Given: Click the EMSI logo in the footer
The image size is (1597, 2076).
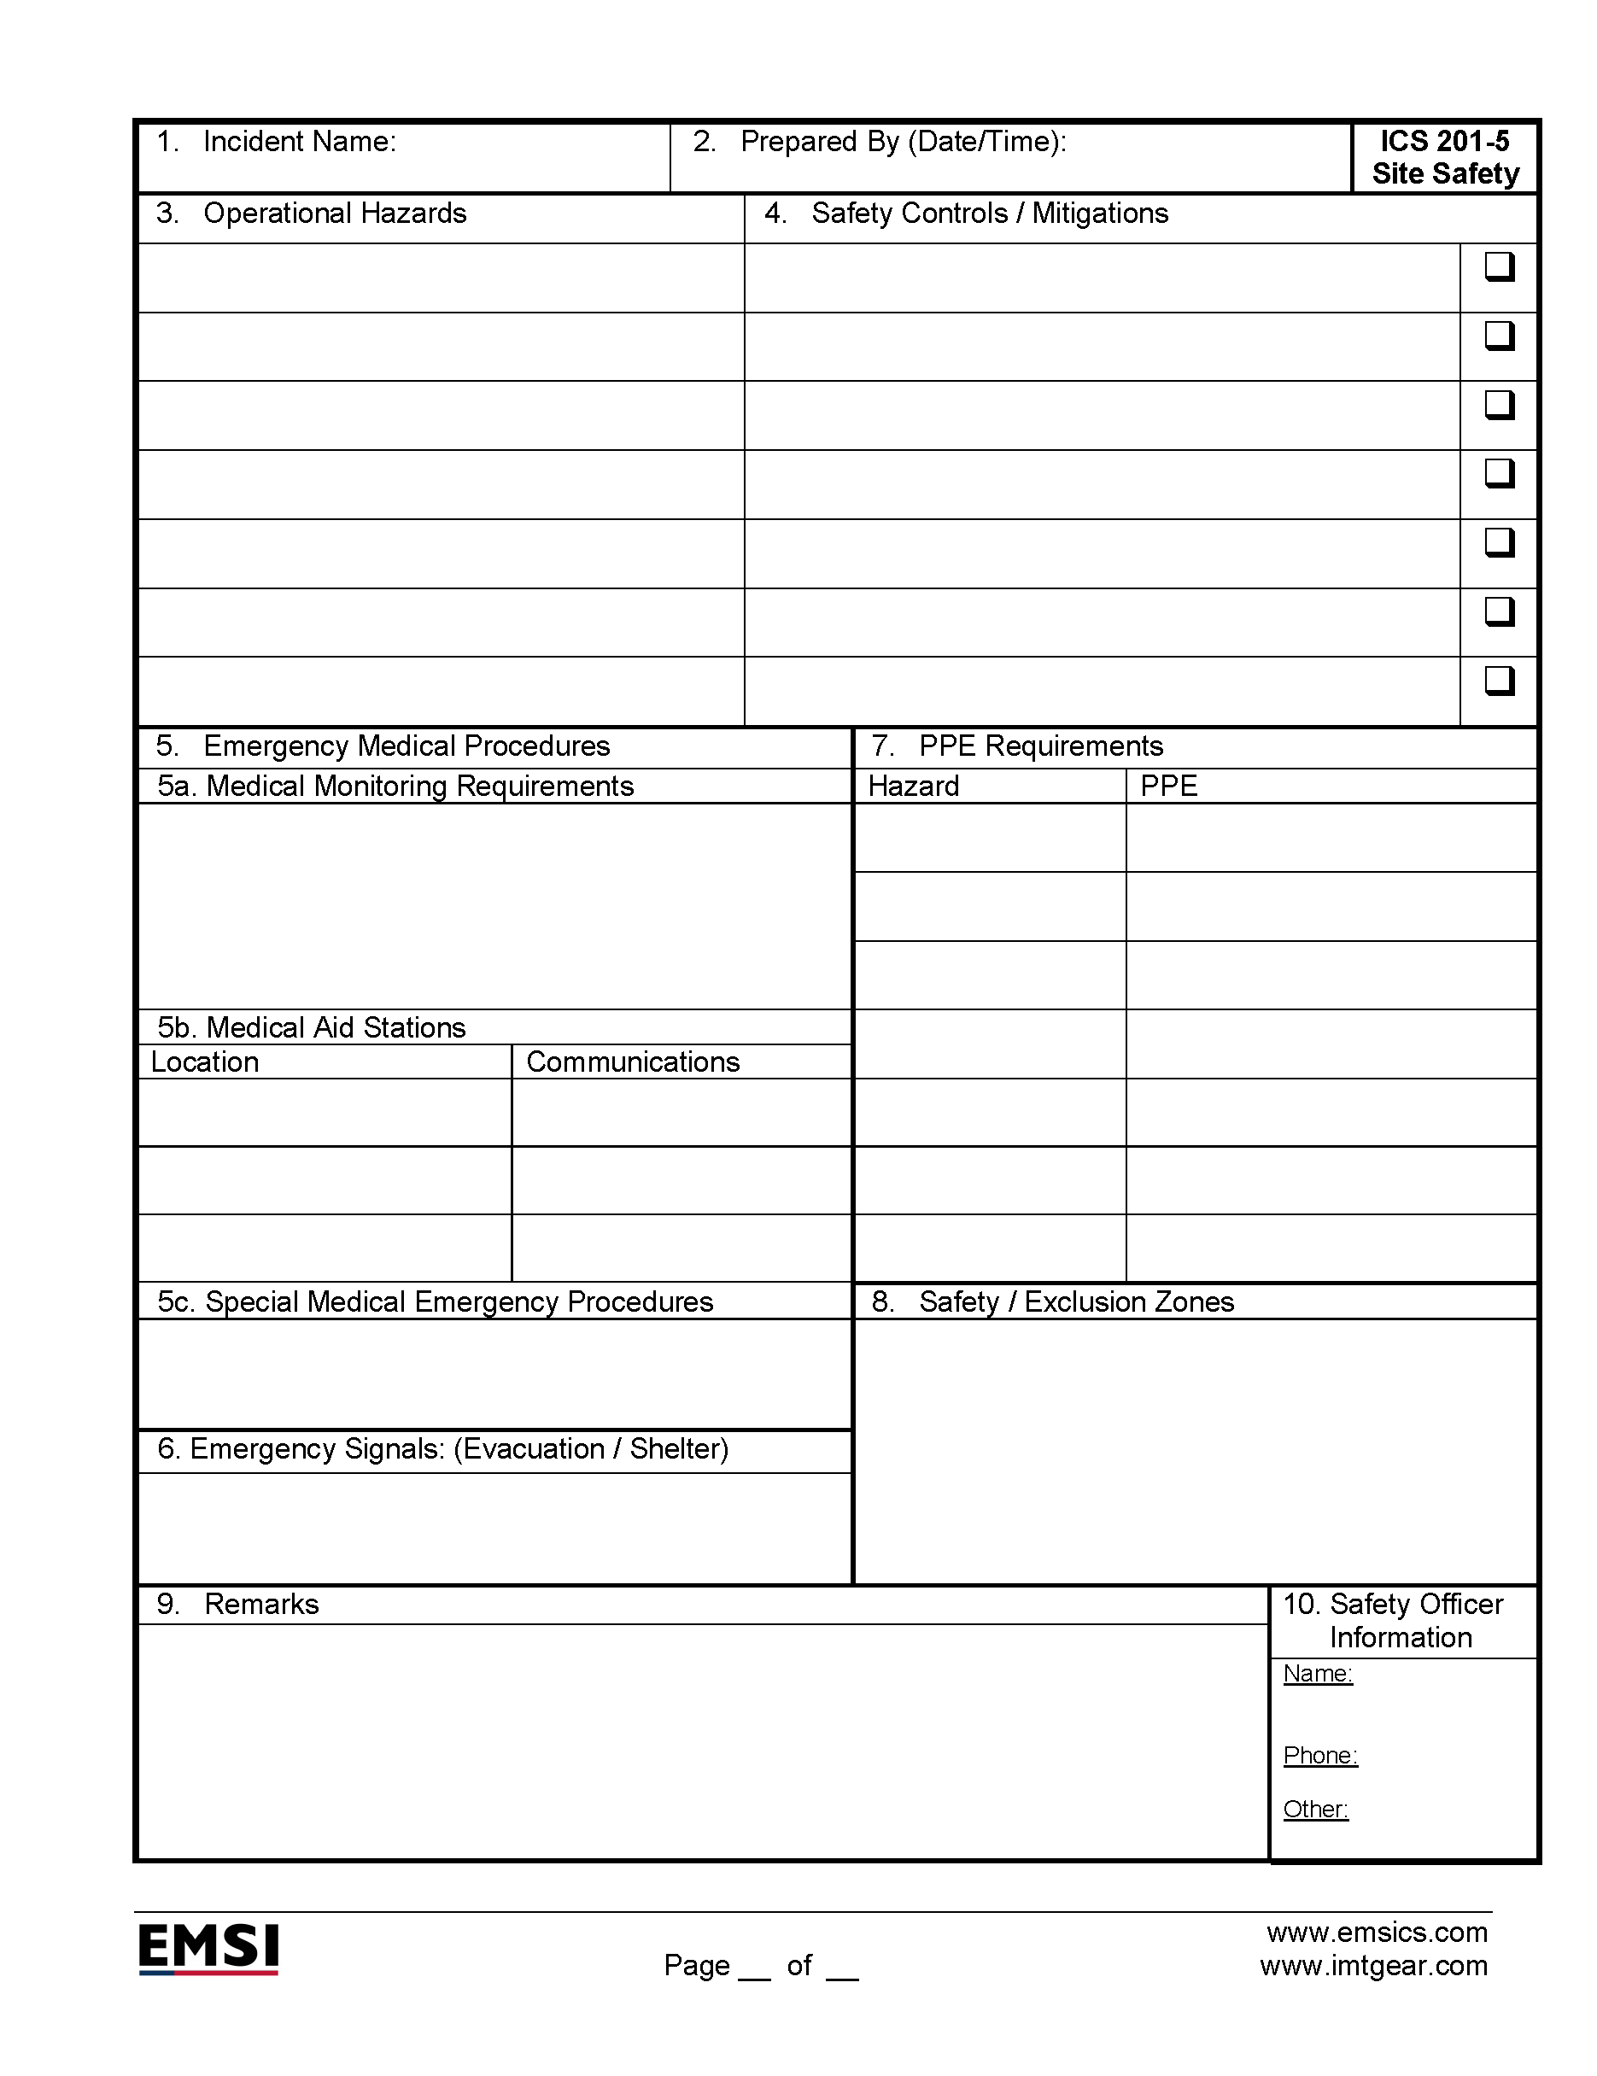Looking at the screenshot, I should (208, 1949).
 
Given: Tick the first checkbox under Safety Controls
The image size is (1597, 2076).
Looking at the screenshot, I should (1499, 266).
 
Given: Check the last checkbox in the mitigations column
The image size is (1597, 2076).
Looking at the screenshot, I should (1499, 680).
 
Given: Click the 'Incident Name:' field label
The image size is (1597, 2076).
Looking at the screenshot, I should (300, 142).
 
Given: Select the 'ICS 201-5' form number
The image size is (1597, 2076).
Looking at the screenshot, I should (1444, 142).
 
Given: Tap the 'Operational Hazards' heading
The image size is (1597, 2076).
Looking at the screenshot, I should (335, 213).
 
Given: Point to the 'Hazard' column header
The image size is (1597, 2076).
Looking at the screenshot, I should (914, 787).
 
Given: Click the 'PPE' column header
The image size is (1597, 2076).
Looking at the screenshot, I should (1168, 787).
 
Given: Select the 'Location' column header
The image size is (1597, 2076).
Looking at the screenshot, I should (205, 1061).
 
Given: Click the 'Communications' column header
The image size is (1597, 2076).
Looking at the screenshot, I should (633, 1061).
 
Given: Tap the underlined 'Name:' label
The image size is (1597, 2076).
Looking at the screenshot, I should (1318, 1673).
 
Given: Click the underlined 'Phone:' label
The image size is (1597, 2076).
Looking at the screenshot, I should (1320, 1755).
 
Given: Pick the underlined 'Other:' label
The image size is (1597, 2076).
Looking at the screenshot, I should (1316, 1809).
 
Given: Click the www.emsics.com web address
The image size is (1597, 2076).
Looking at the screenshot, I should (1378, 1932).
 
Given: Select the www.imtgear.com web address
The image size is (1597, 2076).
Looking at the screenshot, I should (1373, 1965).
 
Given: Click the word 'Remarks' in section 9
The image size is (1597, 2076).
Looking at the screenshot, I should (261, 1605).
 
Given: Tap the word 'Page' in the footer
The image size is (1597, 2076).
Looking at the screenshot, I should (697, 1965).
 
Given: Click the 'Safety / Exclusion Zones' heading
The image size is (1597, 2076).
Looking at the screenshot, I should (1076, 1301).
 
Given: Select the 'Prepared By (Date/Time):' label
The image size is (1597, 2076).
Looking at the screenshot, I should (903, 142).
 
